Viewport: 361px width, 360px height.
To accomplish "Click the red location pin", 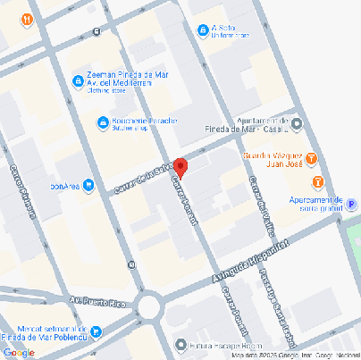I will tap(180, 167).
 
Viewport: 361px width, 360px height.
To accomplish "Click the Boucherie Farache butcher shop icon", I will tap(103, 122).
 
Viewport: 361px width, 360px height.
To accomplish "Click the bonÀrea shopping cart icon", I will tap(88, 187).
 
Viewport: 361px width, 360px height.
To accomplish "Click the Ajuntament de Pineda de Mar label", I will tap(267, 125).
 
